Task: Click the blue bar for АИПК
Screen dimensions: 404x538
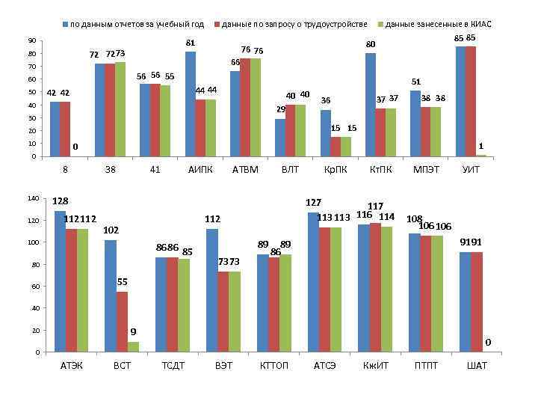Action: [191, 104]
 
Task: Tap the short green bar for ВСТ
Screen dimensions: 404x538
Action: [132, 346]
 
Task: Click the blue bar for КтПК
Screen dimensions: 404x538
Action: [371, 105]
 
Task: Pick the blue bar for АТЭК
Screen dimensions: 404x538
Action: [60, 281]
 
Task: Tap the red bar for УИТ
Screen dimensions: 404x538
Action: [471, 101]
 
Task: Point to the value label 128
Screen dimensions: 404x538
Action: [61, 201]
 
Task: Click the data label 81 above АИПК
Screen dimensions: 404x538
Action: [191, 43]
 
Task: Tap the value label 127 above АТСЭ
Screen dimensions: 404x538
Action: [314, 203]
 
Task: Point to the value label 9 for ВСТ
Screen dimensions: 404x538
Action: [133, 331]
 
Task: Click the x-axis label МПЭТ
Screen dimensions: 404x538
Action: [426, 169]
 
